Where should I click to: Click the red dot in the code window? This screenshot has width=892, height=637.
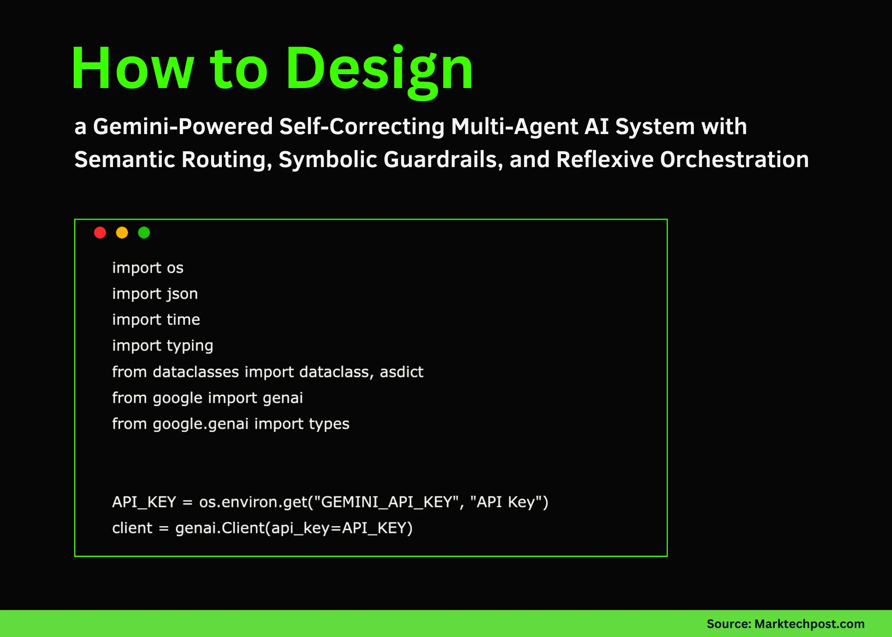(100, 233)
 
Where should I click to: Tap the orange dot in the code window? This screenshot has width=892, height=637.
(122, 233)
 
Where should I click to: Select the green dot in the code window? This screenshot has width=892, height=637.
(144, 233)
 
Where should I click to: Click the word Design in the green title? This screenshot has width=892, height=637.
(379, 69)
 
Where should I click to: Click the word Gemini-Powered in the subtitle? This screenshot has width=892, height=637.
(183, 126)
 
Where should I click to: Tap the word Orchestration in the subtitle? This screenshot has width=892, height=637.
(734, 159)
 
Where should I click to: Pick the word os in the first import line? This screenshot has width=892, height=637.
(175, 268)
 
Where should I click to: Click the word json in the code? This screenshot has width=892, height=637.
(182, 294)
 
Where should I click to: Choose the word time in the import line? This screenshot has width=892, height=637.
(183, 320)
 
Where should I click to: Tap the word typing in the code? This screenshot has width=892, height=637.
(190, 346)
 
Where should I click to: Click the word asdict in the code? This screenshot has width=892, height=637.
(401, 372)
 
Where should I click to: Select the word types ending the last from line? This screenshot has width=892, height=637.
(329, 424)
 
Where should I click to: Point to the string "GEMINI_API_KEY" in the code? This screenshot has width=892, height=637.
(386, 502)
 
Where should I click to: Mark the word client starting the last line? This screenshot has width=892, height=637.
(132, 528)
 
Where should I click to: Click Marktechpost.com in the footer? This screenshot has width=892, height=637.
(809, 624)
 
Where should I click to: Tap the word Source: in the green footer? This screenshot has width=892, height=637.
(729, 624)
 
